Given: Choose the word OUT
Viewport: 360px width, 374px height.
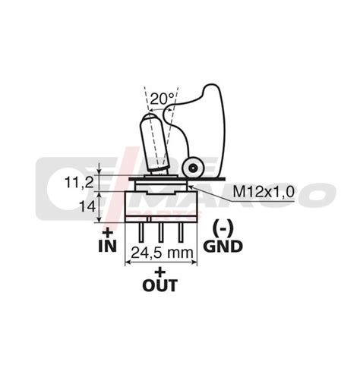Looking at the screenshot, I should coord(159,287).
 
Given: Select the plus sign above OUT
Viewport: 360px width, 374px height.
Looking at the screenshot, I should coord(159,271).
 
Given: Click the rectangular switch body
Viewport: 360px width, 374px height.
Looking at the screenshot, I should coord(159,204).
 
